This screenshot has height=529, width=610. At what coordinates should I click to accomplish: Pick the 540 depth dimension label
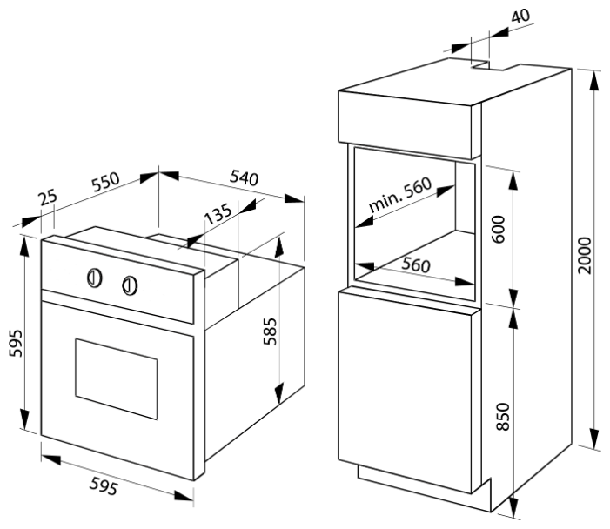[244, 179]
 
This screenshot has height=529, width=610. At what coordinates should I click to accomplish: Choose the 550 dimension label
[104, 184]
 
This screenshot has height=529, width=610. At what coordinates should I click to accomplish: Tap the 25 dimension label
[48, 198]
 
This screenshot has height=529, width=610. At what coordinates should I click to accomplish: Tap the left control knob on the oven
[95, 278]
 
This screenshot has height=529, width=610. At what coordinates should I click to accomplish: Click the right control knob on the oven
[130, 284]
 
